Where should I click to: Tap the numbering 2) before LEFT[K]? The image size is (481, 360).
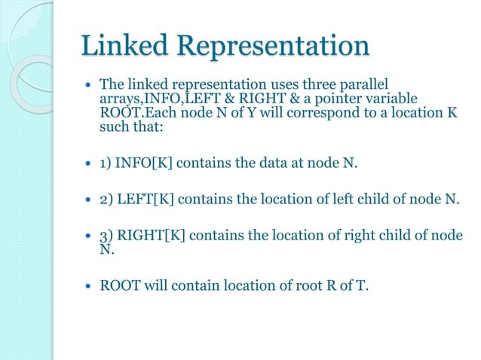[x=106, y=200]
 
